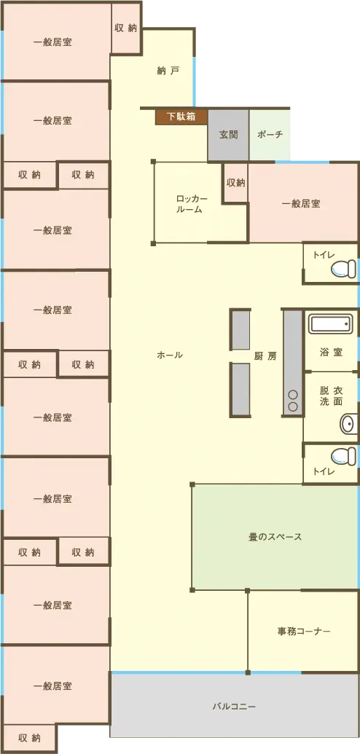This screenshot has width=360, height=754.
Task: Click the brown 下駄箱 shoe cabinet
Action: point(181,117)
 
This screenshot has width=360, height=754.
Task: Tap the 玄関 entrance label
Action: point(229,135)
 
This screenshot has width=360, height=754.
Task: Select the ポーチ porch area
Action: point(270,135)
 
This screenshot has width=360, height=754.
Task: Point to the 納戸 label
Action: point(168,71)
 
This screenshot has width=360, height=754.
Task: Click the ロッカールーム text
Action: point(192,205)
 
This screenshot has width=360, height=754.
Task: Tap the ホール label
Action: point(170,356)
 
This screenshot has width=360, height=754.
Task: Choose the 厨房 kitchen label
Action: point(265,356)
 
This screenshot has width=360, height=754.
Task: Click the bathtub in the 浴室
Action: point(329,324)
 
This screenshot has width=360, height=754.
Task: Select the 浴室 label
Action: point(331,353)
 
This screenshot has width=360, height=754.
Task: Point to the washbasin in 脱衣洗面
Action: point(349,424)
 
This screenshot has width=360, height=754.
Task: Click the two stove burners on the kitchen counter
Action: point(293,401)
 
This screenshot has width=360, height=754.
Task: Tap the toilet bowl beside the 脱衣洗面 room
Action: point(345,456)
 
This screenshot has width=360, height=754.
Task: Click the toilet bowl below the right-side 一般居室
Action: point(345,269)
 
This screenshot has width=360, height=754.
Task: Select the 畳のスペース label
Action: point(275,537)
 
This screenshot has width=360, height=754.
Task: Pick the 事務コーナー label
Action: point(304,632)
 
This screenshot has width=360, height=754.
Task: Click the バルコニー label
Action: point(234,707)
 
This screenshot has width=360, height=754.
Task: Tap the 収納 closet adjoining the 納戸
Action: point(125,28)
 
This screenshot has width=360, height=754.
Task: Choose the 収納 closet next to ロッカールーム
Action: point(236,183)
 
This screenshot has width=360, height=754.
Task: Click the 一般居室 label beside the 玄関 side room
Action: point(301,203)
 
